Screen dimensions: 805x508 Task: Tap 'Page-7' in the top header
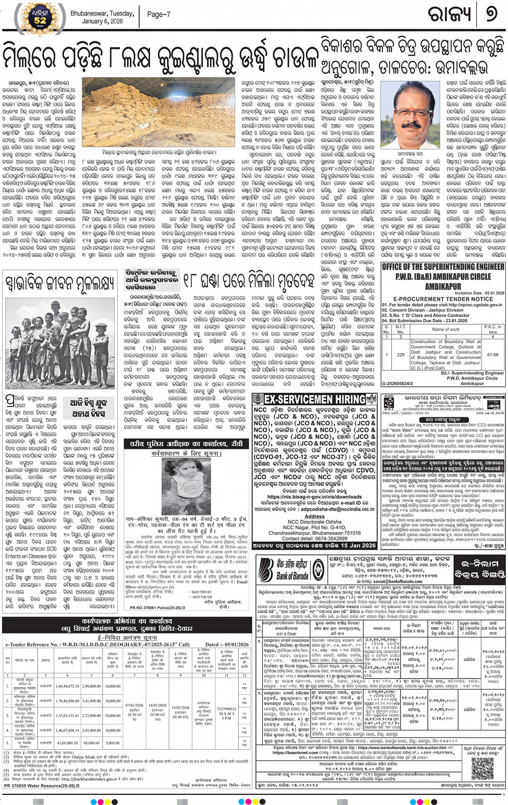pos(159,15)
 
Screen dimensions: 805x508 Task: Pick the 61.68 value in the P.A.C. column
pos(492,354)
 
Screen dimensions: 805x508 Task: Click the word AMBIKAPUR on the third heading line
pos(443,286)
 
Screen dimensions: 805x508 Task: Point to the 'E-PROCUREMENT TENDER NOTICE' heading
pos(443,298)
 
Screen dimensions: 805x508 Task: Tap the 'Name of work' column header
pos(446,329)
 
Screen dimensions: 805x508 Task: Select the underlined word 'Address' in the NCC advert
pos(314,516)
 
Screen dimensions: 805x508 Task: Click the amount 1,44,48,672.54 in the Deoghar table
pos(68,686)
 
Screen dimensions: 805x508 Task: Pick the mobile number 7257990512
pos(226,709)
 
